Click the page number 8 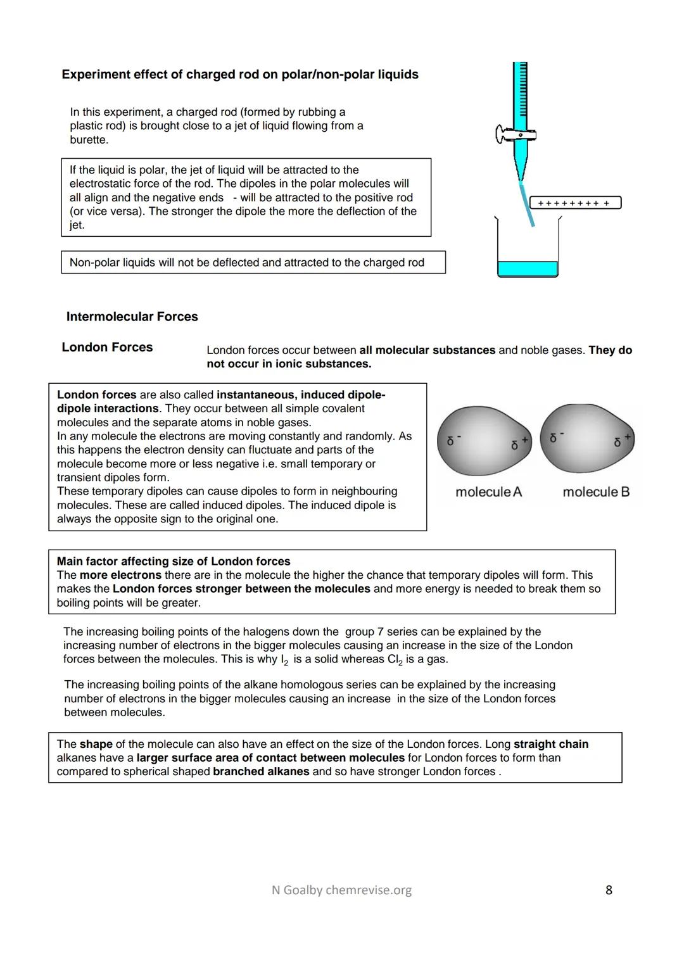tap(609, 890)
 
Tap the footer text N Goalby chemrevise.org tap(341, 890)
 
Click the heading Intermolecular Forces tap(132, 317)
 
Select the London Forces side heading tap(107, 347)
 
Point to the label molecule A tap(488, 492)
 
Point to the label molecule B tap(596, 492)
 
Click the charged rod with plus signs tap(575, 203)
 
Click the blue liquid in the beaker tap(527, 269)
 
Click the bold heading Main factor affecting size tap(174, 561)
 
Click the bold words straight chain tap(551, 744)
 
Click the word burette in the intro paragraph tap(89, 139)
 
